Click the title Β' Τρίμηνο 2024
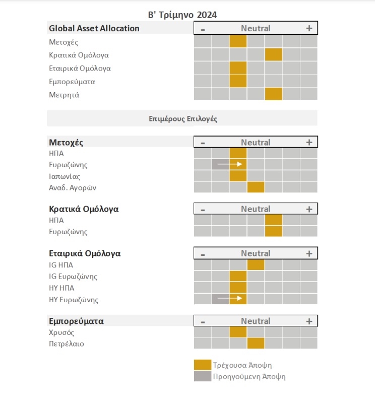tap(182, 15)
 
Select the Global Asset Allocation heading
tap(94, 28)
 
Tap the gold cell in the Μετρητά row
tap(274, 94)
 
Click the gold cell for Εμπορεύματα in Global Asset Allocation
tap(238, 81)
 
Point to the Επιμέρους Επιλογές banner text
tap(183, 119)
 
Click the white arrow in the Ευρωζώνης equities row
tap(230, 164)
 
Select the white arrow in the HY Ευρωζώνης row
tap(230, 298)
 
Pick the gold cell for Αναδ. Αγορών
tap(256, 187)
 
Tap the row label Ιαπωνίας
tap(65, 176)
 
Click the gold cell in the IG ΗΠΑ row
tap(256, 265)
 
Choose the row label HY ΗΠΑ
tap(61, 288)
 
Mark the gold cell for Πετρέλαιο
tap(256, 343)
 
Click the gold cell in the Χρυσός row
tap(238, 332)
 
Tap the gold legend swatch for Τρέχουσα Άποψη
tap(203, 365)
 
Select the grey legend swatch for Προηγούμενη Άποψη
tap(203, 376)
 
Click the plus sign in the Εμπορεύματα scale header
tap(309, 321)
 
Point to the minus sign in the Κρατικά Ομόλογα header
tap(203, 210)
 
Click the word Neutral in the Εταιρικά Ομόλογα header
tap(256, 253)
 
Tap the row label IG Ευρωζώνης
tap(73, 277)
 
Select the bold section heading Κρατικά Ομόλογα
tap(84, 209)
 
